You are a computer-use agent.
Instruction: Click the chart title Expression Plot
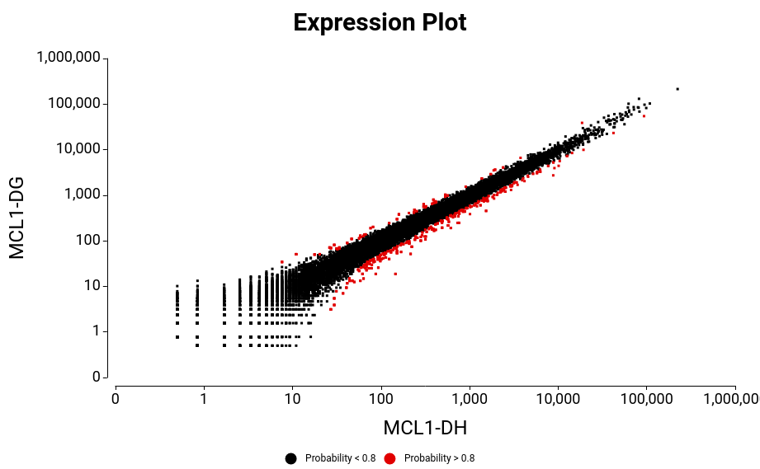pos(380,22)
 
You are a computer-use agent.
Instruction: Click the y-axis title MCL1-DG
pos(17,217)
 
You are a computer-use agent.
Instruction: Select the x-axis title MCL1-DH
pos(425,428)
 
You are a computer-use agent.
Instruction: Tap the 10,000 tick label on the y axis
pos(81,149)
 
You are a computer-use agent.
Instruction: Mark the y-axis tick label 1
pos(96,331)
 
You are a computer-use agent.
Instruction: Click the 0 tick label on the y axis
pos(96,377)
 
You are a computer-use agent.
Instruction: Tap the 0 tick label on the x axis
pos(116,399)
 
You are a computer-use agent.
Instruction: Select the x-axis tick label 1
pos(204,399)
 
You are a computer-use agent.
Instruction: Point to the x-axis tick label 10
pos(292,399)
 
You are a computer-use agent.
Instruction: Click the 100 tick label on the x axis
pos(381,399)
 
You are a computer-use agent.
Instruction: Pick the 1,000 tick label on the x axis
pos(470,399)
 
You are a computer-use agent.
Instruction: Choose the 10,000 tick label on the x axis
pos(558,399)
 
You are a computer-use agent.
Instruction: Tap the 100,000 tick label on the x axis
pos(646,399)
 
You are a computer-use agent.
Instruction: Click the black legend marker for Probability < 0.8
pos(290,458)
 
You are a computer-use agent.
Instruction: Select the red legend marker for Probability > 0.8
pos(389,458)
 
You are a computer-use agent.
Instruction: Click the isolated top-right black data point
pos(677,89)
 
